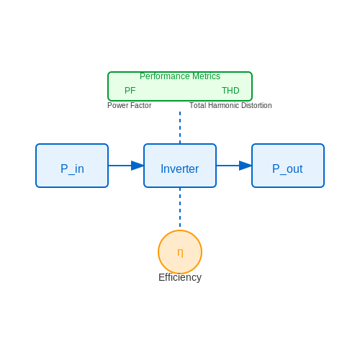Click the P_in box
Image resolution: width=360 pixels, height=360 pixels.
[x=72, y=166]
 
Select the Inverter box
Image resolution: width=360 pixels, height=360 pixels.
[x=180, y=166]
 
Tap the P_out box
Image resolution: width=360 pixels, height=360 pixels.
[x=288, y=166]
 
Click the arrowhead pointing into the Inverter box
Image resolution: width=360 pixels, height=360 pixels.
[x=138, y=166]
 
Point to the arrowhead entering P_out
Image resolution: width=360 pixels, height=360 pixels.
[x=246, y=166]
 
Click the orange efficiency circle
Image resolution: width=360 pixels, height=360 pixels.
[x=180, y=252]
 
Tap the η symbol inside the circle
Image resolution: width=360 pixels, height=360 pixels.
[x=180, y=253]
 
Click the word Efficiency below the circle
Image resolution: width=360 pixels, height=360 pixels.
[x=180, y=277]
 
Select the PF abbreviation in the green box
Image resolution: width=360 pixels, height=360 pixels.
[x=130, y=91]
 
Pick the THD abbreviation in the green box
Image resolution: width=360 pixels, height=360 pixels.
[x=230, y=91]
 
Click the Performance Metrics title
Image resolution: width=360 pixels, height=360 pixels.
[x=180, y=76]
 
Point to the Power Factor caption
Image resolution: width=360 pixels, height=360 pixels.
[x=130, y=105]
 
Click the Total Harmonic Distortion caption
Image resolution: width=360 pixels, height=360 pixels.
[x=230, y=105]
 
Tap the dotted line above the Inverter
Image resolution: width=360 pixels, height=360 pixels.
[x=180, y=127]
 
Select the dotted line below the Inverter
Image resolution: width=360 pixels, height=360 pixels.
[x=180, y=207]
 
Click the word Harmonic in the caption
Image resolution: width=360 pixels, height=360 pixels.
[x=224, y=105]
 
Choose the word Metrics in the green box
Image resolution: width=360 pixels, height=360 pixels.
[x=207, y=76]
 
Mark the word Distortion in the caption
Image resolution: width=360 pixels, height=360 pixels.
[x=256, y=105]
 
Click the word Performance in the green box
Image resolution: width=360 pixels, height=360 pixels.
[x=165, y=76]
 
